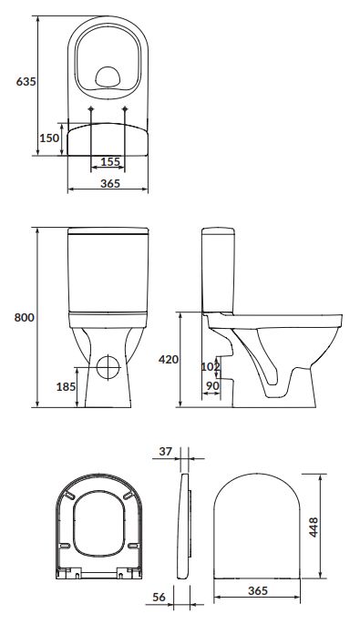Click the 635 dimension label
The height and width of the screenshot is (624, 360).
[x=26, y=82]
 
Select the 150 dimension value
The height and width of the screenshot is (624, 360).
[x=49, y=138]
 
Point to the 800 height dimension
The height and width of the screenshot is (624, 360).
[x=25, y=318]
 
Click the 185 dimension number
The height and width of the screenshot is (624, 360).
[x=67, y=386]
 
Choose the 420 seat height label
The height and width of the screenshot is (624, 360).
[x=169, y=359]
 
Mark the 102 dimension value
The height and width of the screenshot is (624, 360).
[x=211, y=366]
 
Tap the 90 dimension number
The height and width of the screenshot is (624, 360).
[x=213, y=385]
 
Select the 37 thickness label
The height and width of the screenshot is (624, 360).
[x=166, y=451]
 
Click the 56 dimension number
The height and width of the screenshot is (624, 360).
[x=159, y=598]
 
